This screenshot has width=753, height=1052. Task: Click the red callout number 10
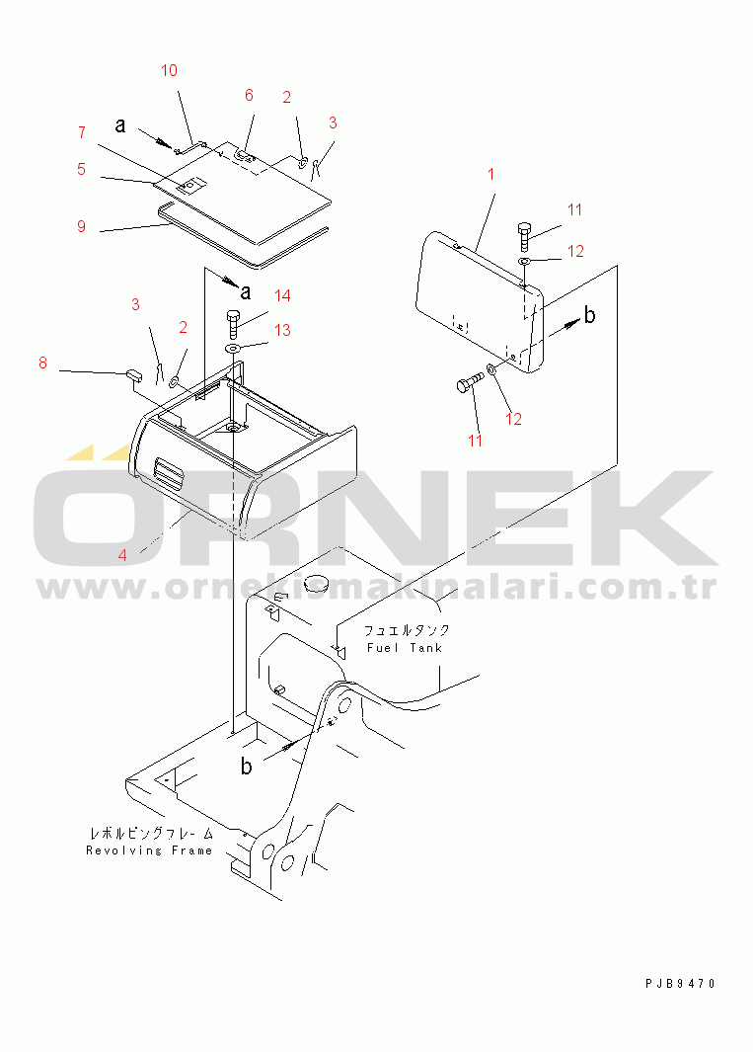click(169, 70)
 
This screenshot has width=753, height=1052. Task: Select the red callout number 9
click(81, 226)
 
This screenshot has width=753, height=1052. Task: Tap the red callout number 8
click(42, 363)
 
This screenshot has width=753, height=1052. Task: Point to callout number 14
click(282, 295)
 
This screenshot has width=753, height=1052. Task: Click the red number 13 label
click(282, 330)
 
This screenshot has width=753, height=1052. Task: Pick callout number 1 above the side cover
click(490, 175)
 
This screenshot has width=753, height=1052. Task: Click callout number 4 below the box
click(122, 555)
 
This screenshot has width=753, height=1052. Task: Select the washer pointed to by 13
click(233, 349)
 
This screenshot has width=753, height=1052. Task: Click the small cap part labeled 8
click(132, 373)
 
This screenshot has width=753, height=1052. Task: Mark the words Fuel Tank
click(405, 648)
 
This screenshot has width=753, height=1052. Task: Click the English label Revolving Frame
click(149, 850)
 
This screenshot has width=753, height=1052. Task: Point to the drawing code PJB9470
click(681, 984)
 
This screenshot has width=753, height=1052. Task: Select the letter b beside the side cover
click(589, 315)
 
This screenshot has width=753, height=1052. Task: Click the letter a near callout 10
click(120, 124)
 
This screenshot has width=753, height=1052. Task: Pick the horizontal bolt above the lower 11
click(470, 382)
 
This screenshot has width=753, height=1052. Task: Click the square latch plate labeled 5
click(191, 186)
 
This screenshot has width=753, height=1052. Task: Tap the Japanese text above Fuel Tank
click(407, 630)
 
